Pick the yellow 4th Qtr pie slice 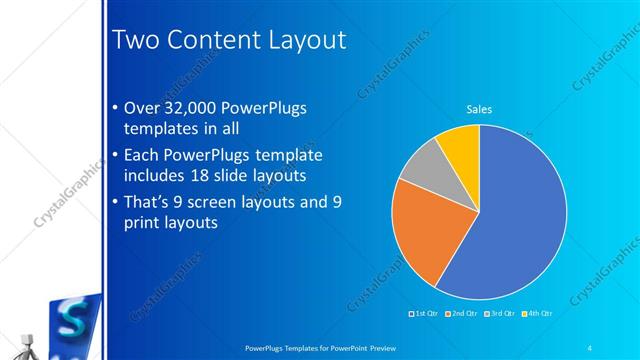coord(460,144)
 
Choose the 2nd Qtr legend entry coord(461,313)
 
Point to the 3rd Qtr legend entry coord(499,313)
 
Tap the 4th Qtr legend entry coord(537,313)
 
